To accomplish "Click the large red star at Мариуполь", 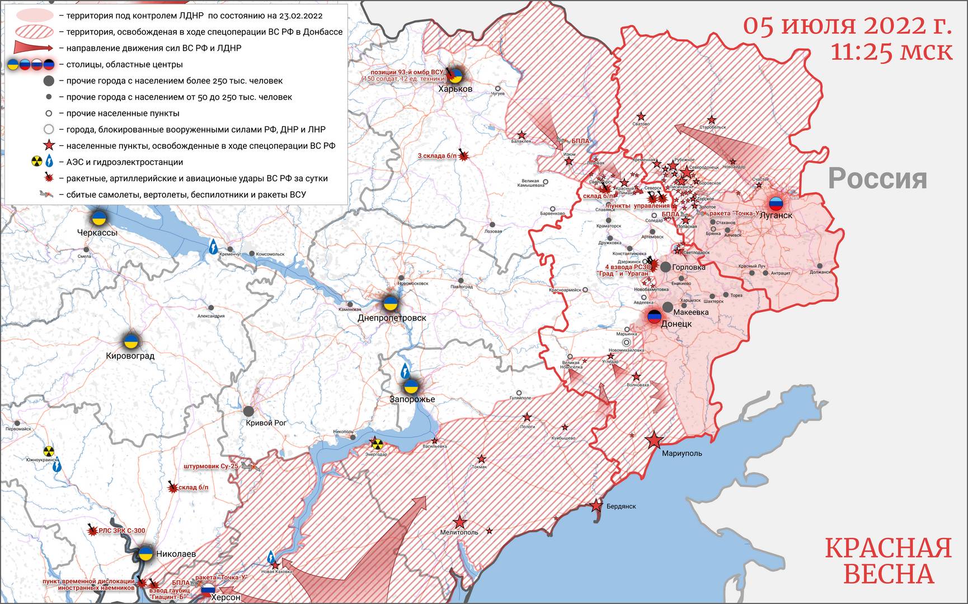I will [x=654, y=441].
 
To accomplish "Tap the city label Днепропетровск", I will [x=392, y=318].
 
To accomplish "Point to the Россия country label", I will [x=877, y=178].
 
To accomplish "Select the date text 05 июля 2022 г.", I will [x=847, y=25].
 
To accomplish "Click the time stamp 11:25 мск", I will [x=891, y=51].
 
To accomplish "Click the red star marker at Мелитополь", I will [x=460, y=522].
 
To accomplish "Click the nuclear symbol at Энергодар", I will [x=377, y=444].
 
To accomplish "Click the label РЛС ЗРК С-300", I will [x=121, y=531].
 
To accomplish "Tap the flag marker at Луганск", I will [x=776, y=203].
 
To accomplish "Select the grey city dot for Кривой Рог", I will [x=249, y=411].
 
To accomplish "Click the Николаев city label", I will [x=176, y=554].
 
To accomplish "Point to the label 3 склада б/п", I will [x=437, y=156].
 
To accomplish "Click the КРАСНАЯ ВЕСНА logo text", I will [x=888, y=560].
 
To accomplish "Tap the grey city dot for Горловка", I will [x=665, y=267].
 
